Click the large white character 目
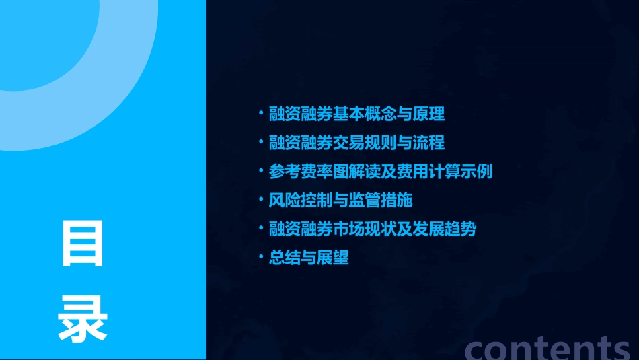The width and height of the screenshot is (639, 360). pyautogui.click(x=83, y=243)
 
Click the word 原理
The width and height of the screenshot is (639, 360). pyautogui.click(x=430, y=114)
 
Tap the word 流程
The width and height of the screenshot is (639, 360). pyautogui.click(x=430, y=143)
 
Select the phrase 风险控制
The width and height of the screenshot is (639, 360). pyautogui.click(x=296, y=201)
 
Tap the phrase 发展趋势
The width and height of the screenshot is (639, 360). pyautogui.click(x=444, y=229)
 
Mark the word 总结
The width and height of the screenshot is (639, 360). pyautogui.click(x=283, y=258)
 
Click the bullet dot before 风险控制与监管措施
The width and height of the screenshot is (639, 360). pyautogui.click(x=262, y=200)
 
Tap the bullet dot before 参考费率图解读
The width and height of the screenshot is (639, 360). pyautogui.click(x=262, y=171)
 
